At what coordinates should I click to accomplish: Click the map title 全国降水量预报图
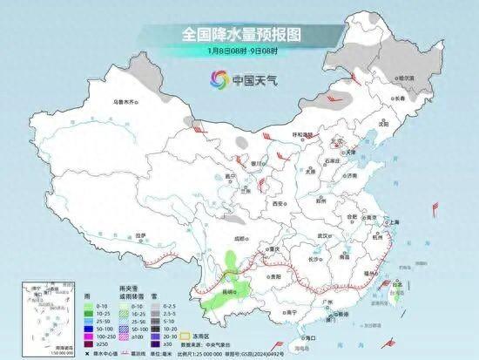[239, 34]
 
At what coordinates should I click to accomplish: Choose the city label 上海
[395, 223]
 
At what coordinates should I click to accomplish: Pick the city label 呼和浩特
[301, 134]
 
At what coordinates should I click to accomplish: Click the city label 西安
[278, 203]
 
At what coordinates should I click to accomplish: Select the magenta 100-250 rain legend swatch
[90, 335]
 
